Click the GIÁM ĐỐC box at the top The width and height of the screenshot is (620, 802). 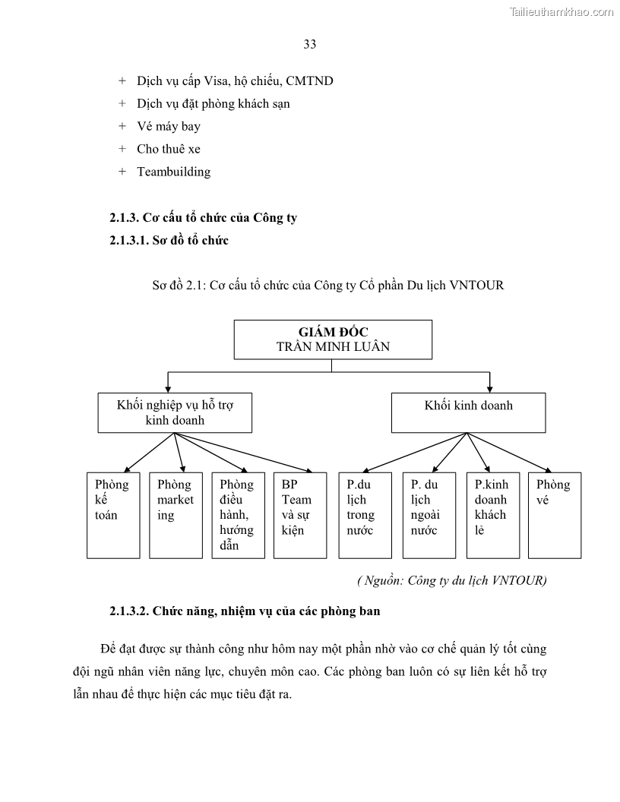[333, 339]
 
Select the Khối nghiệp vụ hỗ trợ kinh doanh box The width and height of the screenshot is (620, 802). [175, 412]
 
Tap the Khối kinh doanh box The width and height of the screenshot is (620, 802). [468, 412]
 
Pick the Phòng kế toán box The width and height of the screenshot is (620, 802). [113, 515]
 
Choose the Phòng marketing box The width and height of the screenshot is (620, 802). [176, 515]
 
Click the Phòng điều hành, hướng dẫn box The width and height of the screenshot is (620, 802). [238, 515]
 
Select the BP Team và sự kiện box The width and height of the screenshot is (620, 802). [301, 515]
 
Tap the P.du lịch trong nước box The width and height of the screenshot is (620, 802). [365, 515]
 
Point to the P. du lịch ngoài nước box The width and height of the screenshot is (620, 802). [429, 515]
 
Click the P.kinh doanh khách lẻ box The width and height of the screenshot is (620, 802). [492, 515]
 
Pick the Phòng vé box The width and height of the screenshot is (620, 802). [555, 515]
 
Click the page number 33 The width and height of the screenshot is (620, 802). [310, 44]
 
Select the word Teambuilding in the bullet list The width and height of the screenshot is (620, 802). [173, 172]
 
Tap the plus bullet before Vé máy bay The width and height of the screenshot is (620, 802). [122, 126]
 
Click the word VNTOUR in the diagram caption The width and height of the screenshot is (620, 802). [476, 286]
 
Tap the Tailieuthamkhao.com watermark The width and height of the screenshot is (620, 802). [561, 11]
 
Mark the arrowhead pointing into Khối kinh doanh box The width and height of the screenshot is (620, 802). [489, 387]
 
